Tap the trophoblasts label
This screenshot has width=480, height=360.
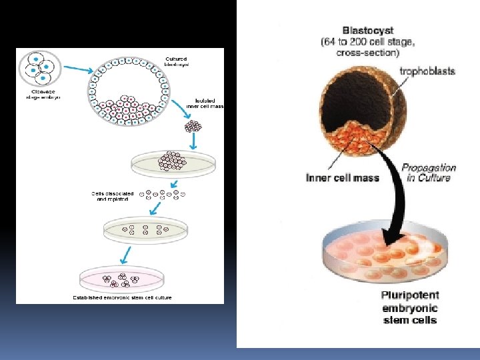427,71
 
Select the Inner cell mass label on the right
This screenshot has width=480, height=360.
343,178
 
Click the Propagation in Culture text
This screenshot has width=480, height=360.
429,173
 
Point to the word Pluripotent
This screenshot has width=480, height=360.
410,295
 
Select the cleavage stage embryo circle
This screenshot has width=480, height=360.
41,69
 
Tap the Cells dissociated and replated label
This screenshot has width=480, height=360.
113,197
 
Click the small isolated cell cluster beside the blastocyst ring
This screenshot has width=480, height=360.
193,125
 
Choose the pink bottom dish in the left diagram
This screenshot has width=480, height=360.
126,279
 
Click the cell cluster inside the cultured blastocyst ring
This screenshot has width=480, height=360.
127,107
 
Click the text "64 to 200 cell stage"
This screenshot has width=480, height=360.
368,42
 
